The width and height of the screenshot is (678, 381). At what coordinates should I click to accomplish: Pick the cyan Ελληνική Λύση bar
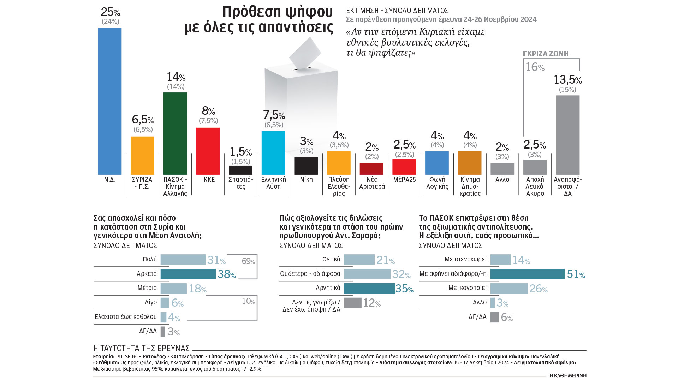(273, 152)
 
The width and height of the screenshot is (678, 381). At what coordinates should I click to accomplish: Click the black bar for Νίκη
(306, 165)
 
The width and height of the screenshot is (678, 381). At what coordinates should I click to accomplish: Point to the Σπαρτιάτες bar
(240, 170)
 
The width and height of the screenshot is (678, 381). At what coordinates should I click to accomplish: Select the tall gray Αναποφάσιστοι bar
(567, 135)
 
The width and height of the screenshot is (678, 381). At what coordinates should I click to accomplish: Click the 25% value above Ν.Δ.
(110, 12)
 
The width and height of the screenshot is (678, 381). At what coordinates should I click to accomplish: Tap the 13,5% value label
(567, 80)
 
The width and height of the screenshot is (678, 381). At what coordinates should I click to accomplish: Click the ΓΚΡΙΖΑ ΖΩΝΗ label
(546, 54)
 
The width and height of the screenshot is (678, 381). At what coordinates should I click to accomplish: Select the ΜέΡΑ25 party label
(404, 180)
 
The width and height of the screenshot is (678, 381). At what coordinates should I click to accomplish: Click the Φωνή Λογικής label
(437, 183)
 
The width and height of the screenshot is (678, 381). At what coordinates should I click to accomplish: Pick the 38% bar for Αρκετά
(188, 274)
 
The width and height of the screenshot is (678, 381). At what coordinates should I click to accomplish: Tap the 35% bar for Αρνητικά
(369, 288)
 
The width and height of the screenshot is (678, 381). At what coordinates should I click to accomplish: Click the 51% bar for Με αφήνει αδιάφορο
(527, 274)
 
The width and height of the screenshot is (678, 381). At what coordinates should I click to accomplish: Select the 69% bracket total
(248, 261)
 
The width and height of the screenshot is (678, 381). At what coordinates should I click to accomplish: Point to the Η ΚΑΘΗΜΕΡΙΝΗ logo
(568, 375)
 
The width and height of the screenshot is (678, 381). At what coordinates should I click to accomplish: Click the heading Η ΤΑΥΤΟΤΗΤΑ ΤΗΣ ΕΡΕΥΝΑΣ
(141, 348)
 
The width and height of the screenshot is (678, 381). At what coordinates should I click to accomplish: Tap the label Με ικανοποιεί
(467, 288)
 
